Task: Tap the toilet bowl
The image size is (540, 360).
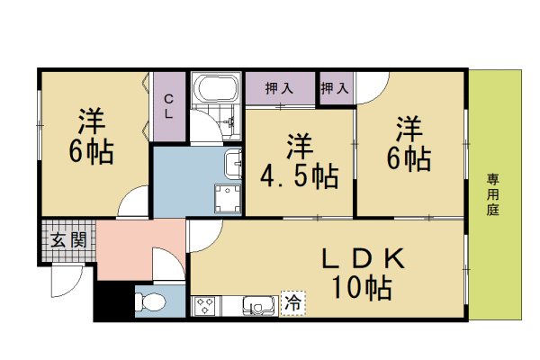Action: point(151,302)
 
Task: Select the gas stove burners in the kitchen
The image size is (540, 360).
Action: point(205,306)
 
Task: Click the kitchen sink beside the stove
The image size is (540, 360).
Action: point(260,306)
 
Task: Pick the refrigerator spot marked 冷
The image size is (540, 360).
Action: point(293,303)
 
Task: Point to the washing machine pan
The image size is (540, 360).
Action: point(228,199)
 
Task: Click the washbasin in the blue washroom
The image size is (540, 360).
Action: point(233,165)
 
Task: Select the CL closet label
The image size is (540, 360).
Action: point(168,107)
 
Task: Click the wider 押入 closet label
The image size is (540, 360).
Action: point(279,88)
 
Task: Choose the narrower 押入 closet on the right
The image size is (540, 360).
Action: point(336,88)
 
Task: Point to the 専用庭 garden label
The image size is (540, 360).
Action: point(493,194)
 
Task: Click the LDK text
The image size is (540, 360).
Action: point(364,258)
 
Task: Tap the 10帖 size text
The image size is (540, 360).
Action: point(362,288)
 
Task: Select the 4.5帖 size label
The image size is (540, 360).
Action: point(299,176)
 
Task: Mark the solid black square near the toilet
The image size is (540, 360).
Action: point(114,300)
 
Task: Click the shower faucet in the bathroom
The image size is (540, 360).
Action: point(229,121)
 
